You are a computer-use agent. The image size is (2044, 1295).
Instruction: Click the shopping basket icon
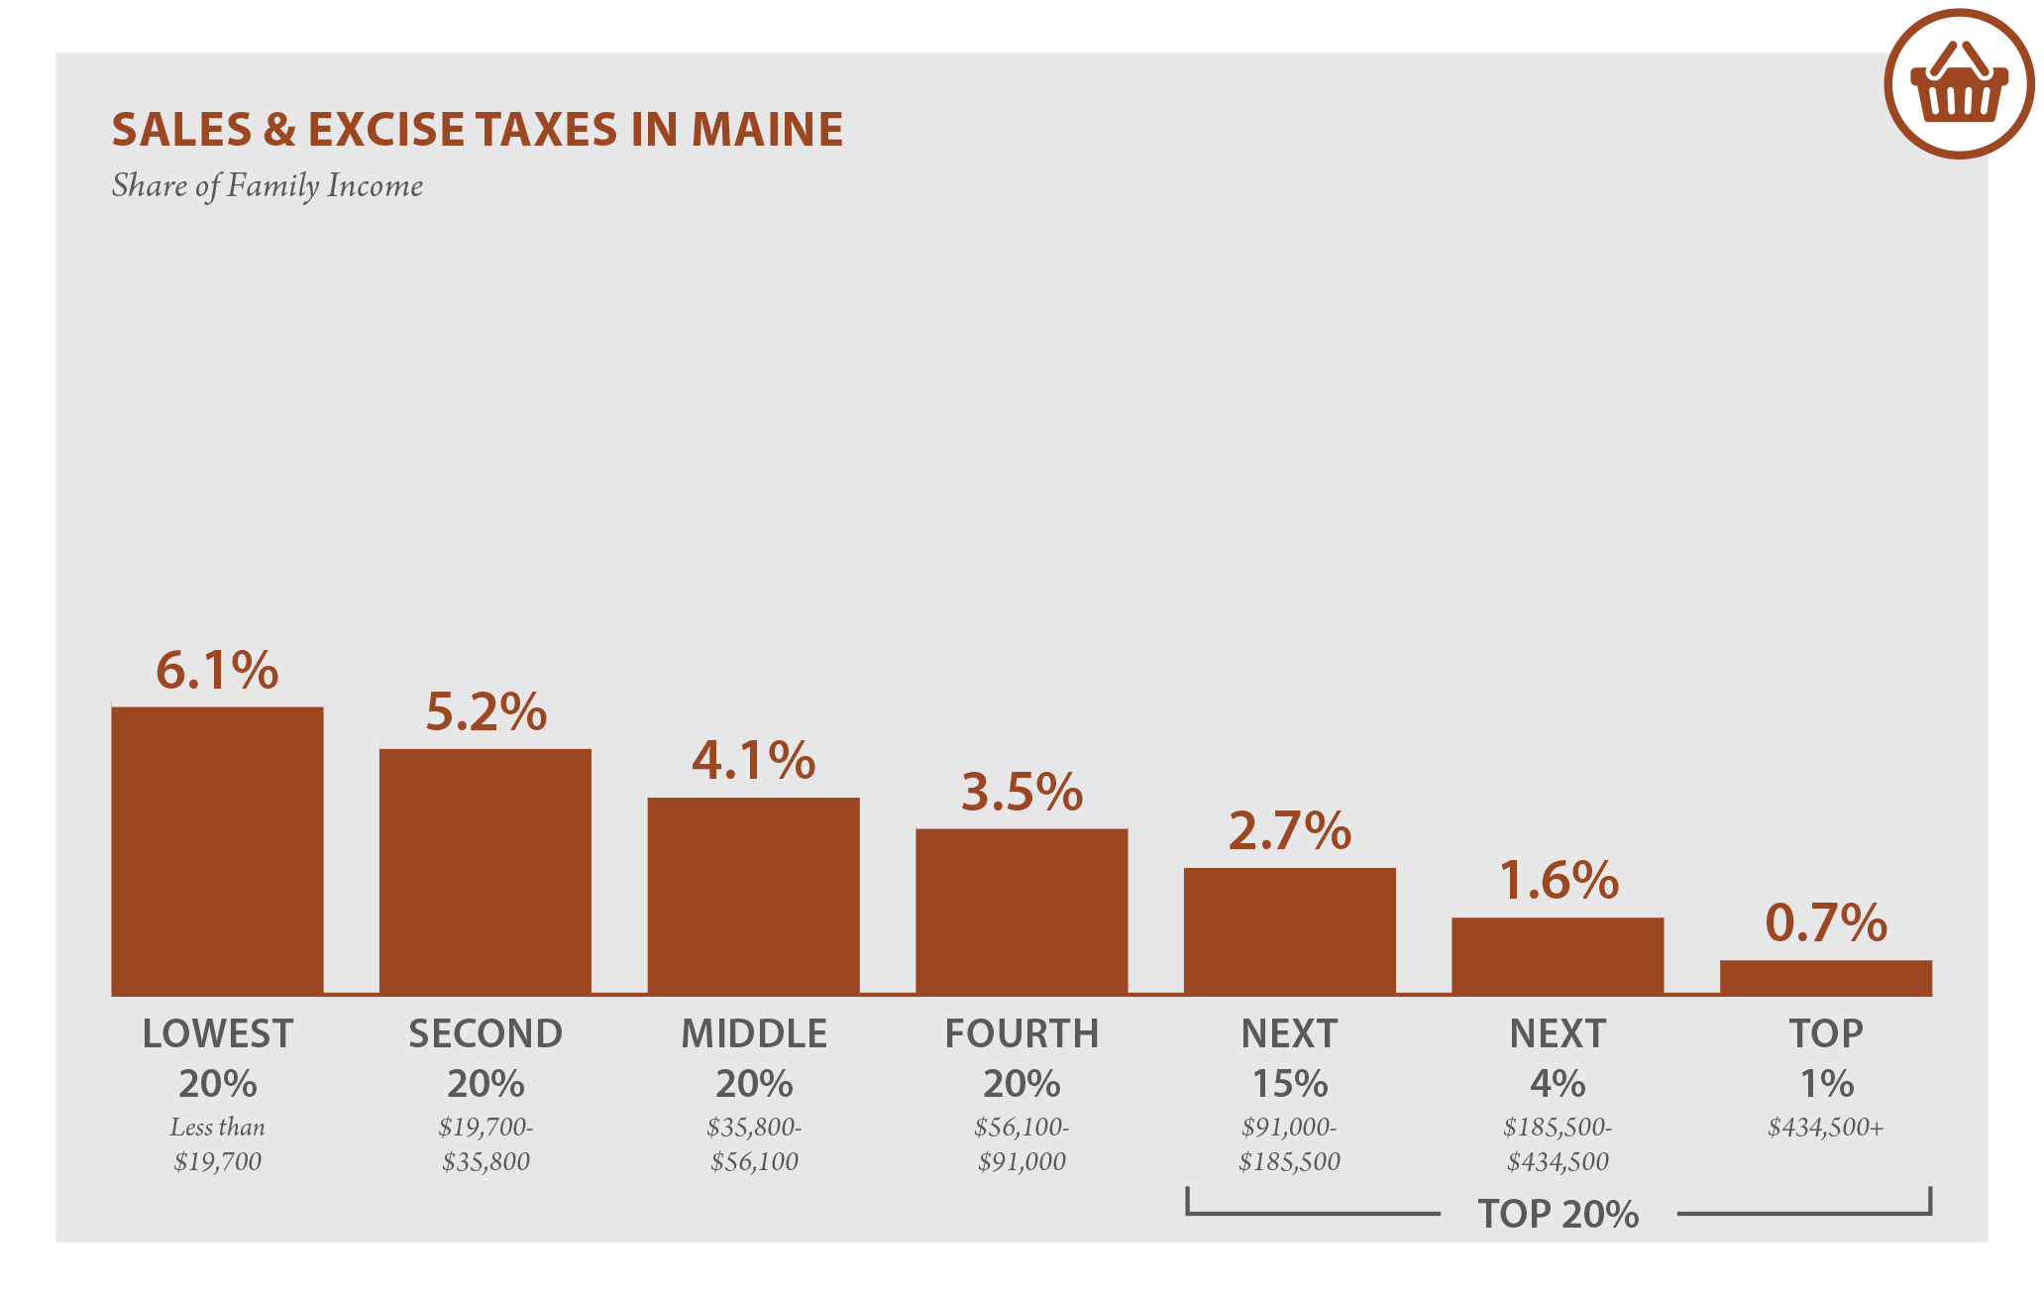(x=1959, y=84)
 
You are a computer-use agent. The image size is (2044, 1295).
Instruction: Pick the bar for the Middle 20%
(x=753, y=896)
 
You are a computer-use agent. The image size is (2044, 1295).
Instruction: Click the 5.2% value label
(x=485, y=712)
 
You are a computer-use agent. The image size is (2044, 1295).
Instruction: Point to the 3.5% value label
(x=1022, y=793)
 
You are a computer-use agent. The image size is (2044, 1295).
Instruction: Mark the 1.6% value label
(x=1558, y=881)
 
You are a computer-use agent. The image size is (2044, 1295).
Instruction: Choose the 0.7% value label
(x=1825, y=923)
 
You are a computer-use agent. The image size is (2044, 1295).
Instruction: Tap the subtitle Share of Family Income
(x=267, y=186)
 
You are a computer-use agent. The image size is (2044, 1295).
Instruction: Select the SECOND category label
(x=485, y=1034)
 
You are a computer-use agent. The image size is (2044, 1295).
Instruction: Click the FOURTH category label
(x=1022, y=1034)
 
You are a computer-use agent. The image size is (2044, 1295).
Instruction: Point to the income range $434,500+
(x=1825, y=1128)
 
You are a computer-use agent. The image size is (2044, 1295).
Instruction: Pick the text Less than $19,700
(x=217, y=1144)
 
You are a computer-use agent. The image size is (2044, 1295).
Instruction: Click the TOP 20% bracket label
(x=1558, y=1215)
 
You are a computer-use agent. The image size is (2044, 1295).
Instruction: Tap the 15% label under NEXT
(x=1289, y=1084)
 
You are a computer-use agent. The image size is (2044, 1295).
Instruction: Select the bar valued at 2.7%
(x=1289, y=930)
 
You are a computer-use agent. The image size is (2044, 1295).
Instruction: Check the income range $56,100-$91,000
(x=1022, y=1144)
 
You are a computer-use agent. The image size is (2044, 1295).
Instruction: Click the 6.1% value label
(x=217, y=671)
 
